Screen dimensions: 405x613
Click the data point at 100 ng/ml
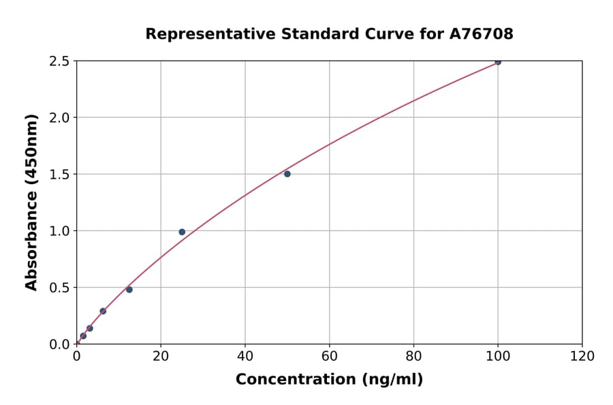[x=498, y=61]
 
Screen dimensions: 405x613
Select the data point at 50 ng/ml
[x=287, y=174]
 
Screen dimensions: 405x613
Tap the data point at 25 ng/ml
[x=182, y=232]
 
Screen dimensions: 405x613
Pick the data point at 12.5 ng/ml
[x=129, y=289]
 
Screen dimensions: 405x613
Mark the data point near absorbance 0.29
[x=103, y=311]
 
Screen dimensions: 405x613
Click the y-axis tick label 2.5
[x=59, y=61]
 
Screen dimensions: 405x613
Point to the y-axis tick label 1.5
[x=59, y=175]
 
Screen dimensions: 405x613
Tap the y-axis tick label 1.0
[x=59, y=231]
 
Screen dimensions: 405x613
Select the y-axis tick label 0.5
[x=59, y=288]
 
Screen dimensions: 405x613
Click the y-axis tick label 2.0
[x=59, y=118]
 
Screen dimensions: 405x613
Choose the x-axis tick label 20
[x=161, y=356]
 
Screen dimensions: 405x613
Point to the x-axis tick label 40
[x=245, y=356]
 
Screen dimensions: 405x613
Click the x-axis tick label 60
[x=330, y=356]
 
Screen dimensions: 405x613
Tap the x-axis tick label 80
[x=413, y=356]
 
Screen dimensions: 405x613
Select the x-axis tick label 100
[x=498, y=356]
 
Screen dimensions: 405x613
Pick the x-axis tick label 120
[x=582, y=356]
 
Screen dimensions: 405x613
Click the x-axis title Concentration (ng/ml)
[x=329, y=380]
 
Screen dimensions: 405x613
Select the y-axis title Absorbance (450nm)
[x=31, y=202]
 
